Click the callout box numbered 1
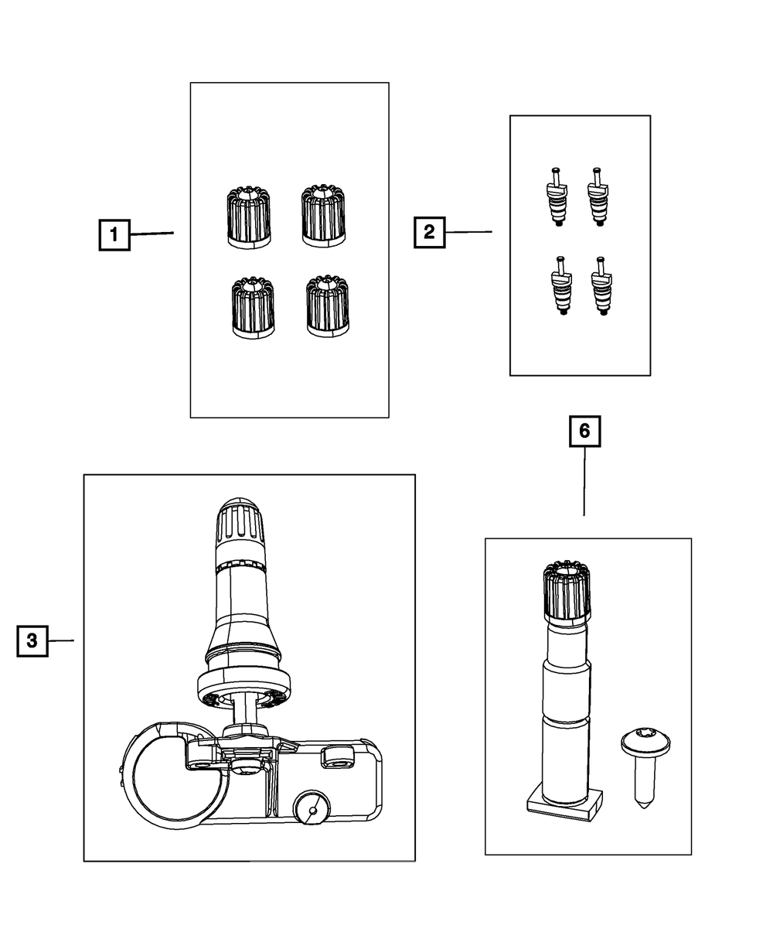[114, 234]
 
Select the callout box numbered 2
[429, 232]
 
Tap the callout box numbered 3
[32, 640]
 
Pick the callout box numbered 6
[584, 432]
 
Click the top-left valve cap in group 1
[249, 217]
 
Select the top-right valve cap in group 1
[323, 215]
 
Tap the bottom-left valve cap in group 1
[253, 308]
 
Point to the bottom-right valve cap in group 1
[327, 306]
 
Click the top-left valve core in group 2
[554, 196]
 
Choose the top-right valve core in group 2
[598, 196]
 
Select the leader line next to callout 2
[468, 231]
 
